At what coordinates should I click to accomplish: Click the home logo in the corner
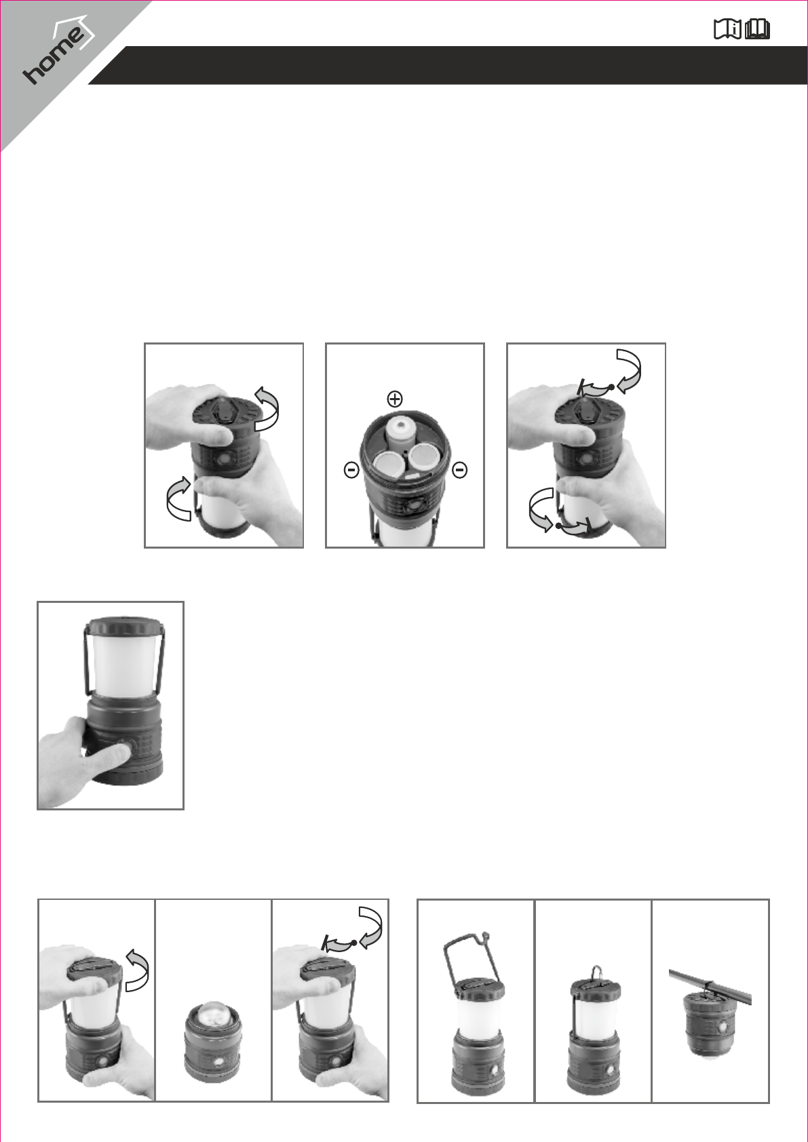57,52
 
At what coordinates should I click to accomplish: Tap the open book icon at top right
758,30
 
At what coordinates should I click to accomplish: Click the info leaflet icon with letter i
727,30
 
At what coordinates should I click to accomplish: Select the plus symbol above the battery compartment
395,399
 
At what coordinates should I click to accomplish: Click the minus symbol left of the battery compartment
351,469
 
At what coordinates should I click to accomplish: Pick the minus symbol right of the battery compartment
459,469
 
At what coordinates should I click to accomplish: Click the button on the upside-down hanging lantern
723,1026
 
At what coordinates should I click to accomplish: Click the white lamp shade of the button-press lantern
123,662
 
